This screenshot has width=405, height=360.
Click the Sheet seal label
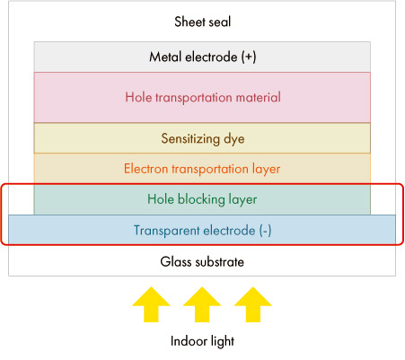(x=203, y=22)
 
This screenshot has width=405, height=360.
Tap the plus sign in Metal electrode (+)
(x=249, y=57)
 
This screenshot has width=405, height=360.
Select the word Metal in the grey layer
(x=165, y=57)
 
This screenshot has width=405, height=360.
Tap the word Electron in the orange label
(x=146, y=169)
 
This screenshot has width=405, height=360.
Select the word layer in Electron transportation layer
(x=266, y=170)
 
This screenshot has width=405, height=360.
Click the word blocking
(x=201, y=199)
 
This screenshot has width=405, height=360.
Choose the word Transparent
(x=166, y=231)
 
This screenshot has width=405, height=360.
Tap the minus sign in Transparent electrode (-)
(x=265, y=231)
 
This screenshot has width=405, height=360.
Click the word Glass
(x=176, y=262)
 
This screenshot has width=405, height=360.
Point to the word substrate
(x=219, y=262)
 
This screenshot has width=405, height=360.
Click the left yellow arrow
(x=152, y=304)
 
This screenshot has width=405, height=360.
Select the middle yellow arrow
(x=202, y=304)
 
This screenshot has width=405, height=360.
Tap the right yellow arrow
(x=253, y=304)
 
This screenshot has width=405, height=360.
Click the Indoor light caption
(x=202, y=341)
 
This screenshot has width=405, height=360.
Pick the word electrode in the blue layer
(x=229, y=231)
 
